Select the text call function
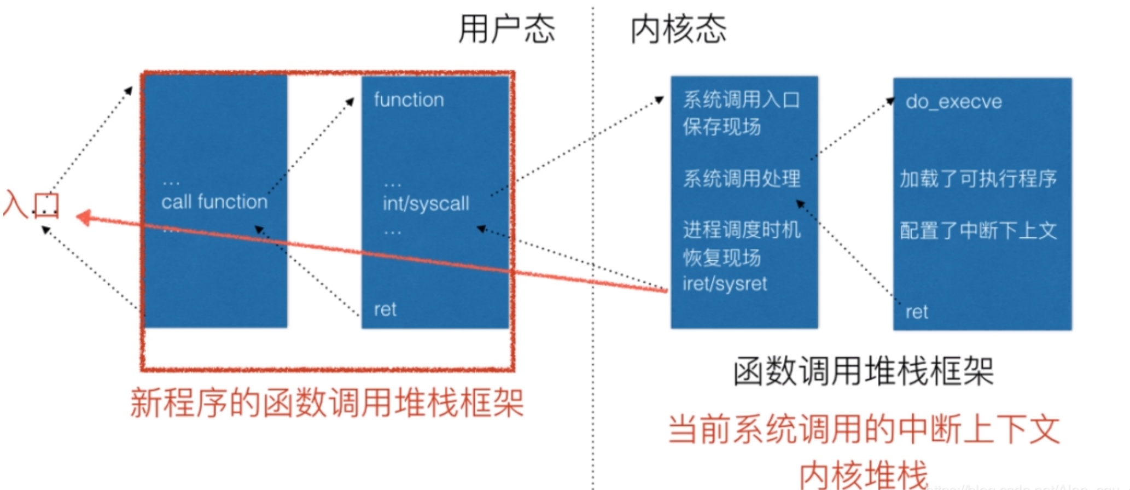coord(214,202)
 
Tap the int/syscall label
coord(426,203)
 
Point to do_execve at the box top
coord(953,102)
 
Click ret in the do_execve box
coord(917,312)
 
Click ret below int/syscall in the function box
coord(385,310)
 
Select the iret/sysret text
coord(725,283)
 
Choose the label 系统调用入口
coord(741,100)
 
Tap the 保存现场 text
coord(721,127)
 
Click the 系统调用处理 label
coord(741,178)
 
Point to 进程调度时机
coord(741,230)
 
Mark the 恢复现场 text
coord(721,257)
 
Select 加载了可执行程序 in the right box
coord(978,178)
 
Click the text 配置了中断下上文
coord(978,230)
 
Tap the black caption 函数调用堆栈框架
coord(863,372)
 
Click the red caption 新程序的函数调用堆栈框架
coord(327,404)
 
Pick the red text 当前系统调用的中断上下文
coord(864,429)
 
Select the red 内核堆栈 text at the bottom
coord(864,474)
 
